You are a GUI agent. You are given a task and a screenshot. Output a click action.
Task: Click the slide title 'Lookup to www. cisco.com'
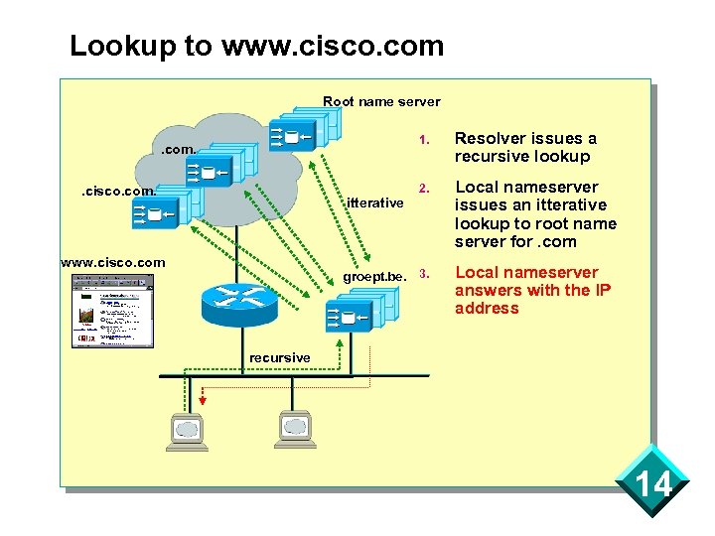256,46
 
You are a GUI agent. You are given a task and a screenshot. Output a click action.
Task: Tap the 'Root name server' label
381,101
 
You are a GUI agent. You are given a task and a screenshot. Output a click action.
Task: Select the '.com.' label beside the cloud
181,151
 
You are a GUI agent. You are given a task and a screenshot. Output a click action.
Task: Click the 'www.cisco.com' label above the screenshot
112,263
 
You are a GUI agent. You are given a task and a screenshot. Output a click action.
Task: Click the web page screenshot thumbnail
112,311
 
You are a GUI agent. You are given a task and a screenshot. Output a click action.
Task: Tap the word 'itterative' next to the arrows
374,203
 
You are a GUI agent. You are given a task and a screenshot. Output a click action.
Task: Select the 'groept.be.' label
374,276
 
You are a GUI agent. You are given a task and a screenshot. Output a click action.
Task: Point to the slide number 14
653,485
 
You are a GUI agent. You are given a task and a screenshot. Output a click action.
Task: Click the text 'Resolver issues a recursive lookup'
525,147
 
